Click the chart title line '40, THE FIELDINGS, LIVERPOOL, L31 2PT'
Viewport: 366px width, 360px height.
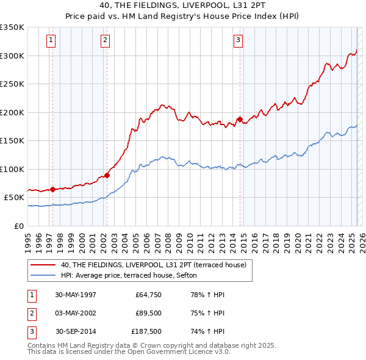click(182, 6)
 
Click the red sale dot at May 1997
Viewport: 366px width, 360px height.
click(53, 189)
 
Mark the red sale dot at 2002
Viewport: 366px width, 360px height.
click(107, 175)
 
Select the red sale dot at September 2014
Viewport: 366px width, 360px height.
click(240, 120)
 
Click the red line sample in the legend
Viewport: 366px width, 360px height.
click(43, 265)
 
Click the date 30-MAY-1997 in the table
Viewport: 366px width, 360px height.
click(76, 295)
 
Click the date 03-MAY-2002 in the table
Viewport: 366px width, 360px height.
click(76, 313)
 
